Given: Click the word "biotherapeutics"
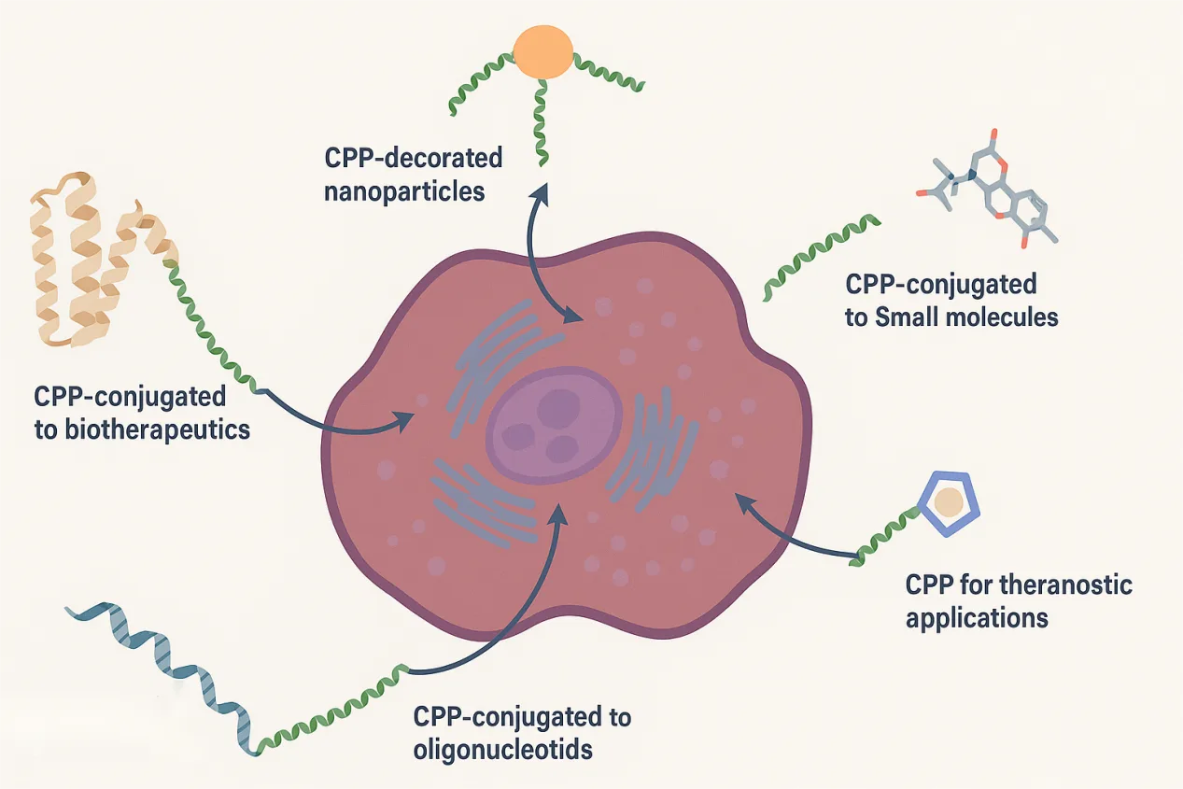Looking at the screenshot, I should click(x=142, y=430).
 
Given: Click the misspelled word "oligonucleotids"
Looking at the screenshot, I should click(x=503, y=749).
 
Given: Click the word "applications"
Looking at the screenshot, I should click(x=977, y=617).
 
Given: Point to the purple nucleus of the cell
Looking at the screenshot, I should click(x=553, y=424).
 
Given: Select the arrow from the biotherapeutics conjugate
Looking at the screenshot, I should click(x=336, y=419).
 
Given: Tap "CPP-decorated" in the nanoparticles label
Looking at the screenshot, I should click(x=413, y=157).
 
